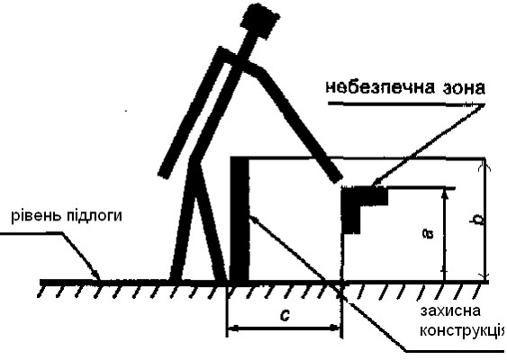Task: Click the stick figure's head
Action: tap(259, 20)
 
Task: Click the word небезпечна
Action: tap(375, 87)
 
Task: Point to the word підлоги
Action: tap(95, 215)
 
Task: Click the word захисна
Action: tap(450, 310)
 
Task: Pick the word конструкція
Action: tap(462, 330)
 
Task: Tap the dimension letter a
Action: tap(430, 233)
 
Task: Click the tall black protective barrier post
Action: tap(240, 219)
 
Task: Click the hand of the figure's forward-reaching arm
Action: tap(337, 177)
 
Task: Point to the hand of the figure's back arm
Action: tap(164, 174)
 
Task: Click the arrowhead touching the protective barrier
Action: tap(253, 218)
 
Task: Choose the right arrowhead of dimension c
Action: tap(335, 328)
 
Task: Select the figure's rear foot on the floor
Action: tap(176, 278)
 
